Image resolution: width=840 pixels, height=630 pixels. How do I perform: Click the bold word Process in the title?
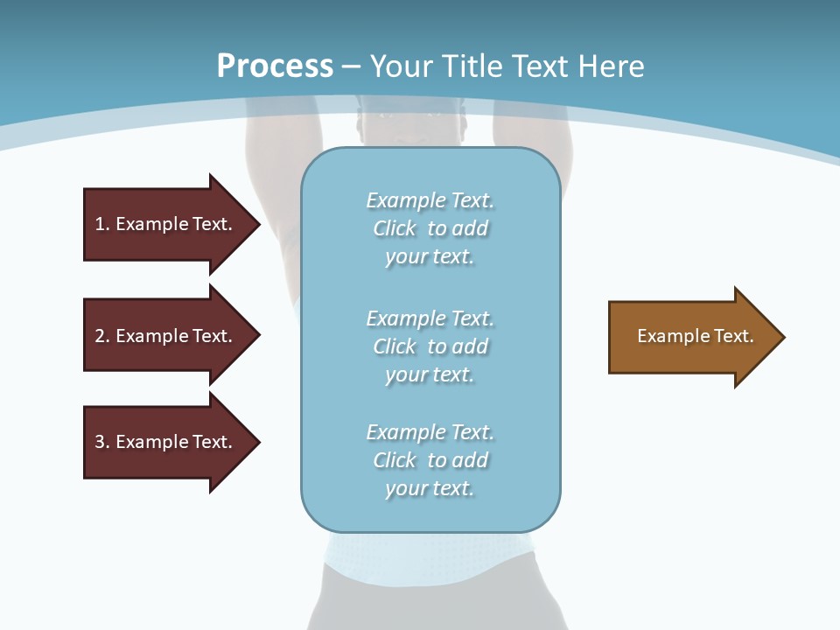[x=275, y=66]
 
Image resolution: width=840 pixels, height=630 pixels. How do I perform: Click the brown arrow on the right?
[x=691, y=337]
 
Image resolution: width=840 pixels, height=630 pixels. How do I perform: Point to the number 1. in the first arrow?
[x=102, y=224]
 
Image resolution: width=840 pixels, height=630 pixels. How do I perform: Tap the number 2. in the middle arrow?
[x=102, y=336]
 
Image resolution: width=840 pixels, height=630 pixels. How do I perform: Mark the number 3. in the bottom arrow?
[x=102, y=442]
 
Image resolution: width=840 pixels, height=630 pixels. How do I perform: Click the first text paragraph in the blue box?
[x=430, y=228]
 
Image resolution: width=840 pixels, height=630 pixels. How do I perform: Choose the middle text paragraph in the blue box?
[x=430, y=346]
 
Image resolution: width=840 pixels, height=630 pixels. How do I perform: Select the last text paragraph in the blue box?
[x=430, y=460]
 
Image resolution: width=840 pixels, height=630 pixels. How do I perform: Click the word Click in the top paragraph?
[x=395, y=228]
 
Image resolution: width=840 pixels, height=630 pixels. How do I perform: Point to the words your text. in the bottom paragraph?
[x=430, y=488]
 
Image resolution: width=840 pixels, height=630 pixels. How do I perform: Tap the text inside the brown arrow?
[x=695, y=336]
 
